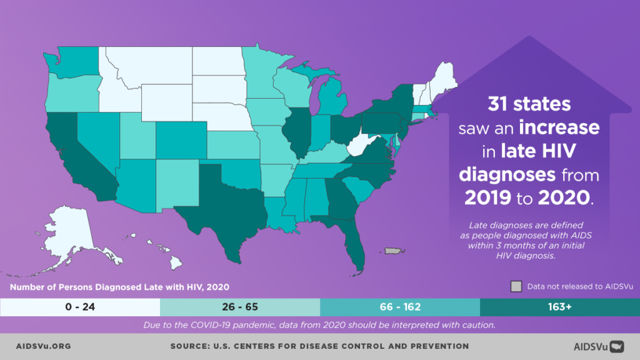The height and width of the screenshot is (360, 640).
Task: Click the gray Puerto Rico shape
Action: click(392, 251)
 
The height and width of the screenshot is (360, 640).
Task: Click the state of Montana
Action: click(150, 69)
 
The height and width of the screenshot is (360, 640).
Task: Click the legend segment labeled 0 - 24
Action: click(80, 307)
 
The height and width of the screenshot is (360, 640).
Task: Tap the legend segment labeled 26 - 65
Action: click(240, 307)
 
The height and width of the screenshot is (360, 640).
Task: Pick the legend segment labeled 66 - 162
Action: click(400, 307)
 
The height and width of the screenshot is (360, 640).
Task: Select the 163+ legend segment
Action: click(559, 307)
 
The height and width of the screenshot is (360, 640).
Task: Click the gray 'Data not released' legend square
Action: click(516, 286)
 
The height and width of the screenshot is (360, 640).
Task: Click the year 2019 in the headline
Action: click(491, 197)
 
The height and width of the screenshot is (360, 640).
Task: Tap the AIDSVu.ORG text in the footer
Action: click(43, 346)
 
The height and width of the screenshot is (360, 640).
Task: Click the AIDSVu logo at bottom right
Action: click(599, 346)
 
